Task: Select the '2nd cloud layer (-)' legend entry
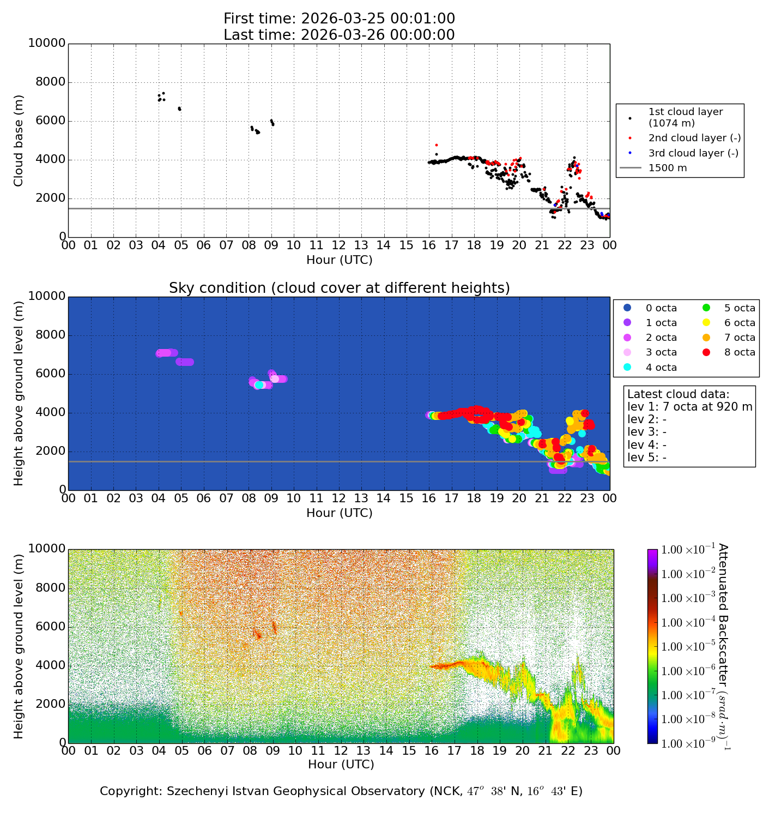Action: pos(694,139)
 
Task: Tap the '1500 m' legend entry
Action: pos(668,168)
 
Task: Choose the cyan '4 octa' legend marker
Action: pos(627,368)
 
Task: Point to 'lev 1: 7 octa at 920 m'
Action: pos(689,407)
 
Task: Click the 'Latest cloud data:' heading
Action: pos(678,394)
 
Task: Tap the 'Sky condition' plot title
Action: pos(339,288)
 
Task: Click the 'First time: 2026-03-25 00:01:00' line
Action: pos(339,19)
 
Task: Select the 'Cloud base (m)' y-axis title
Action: pos(19,141)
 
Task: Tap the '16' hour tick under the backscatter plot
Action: pos(432,751)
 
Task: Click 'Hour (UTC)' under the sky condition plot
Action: pos(339,513)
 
